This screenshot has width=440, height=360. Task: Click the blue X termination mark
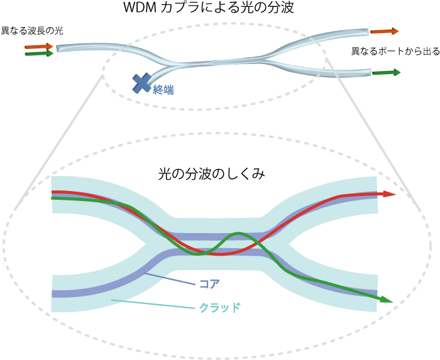pyautogui.click(x=142, y=83)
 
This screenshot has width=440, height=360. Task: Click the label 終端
pyautogui.click(x=163, y=90)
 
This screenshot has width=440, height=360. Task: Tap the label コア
pyautogui.click(x=209, y=284)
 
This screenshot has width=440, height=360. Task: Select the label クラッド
pyautogui.click(x=219, y=307)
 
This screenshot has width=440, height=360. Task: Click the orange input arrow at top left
pyautogui.click(x=39, y=46)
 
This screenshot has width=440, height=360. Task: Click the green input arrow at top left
pyautogui.click(x=39, y=54)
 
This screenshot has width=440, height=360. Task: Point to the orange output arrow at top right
pyautogui.click(x=384, y=31)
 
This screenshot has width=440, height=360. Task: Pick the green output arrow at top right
pyautogui.click(x=386, y=72)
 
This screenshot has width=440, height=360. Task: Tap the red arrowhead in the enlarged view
pyautogui.click(x=390, y=194)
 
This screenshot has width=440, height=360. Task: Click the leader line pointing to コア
pyautogui.click(x=170, y=279)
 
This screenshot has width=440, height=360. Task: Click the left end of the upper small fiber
pyautogui.click(x=59, y=48)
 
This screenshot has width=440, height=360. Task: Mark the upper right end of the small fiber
pyautogui.click(x=366, y=31)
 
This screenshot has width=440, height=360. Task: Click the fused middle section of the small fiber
pyautogui.click(x=220, y=62)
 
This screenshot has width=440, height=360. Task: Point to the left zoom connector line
pyautogui.click(x=60, y=141)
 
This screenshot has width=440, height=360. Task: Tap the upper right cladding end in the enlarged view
pyautogui.click(x=373, y=182)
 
